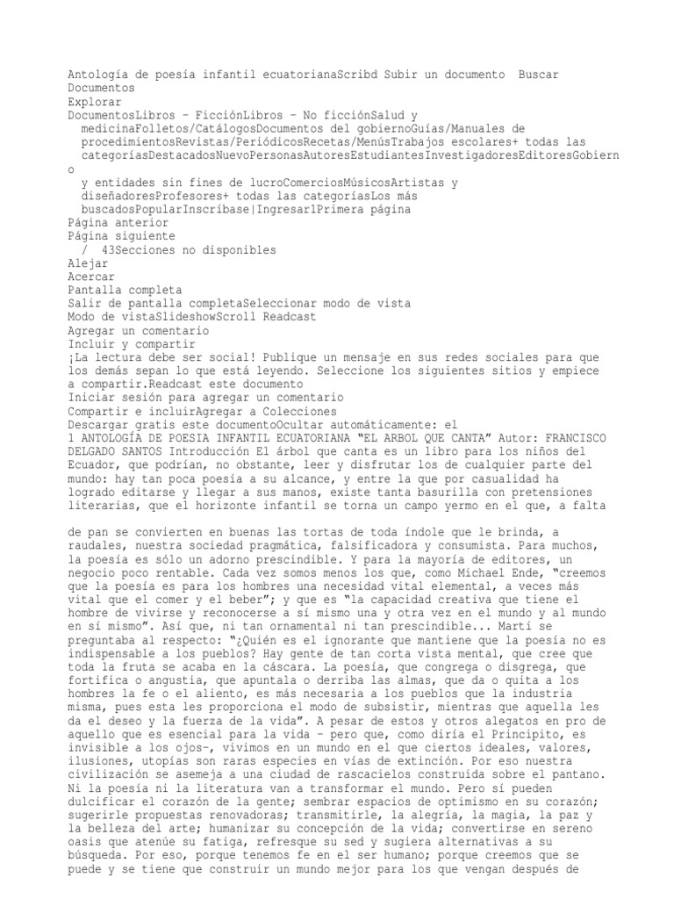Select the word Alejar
[x=89, y=263]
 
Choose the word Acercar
[x=92, y=276]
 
